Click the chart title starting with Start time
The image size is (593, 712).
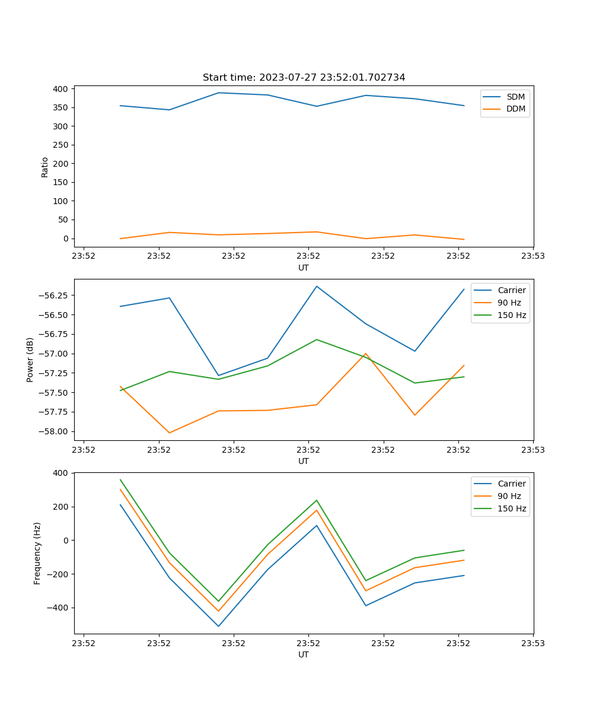[304, 78]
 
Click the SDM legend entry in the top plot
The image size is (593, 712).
[515, 97]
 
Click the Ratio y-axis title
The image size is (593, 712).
[45, 167]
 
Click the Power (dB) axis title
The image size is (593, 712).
[30, 360]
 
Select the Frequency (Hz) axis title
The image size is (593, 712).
[37, 553]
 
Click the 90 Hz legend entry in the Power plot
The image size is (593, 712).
[509, 303]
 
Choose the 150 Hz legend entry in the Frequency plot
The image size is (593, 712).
[512, 508]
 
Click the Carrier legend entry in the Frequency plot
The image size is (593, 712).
[511, 484]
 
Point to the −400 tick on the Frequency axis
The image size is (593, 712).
[59, 608]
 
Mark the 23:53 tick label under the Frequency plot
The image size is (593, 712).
[533, 643]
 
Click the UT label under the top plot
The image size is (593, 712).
[304, 268]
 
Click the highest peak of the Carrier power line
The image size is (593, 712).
[317, 286]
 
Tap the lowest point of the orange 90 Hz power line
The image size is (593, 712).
[170, 433]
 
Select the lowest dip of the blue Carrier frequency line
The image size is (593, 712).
[218, 626]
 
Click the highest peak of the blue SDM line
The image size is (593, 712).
[218, 93]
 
